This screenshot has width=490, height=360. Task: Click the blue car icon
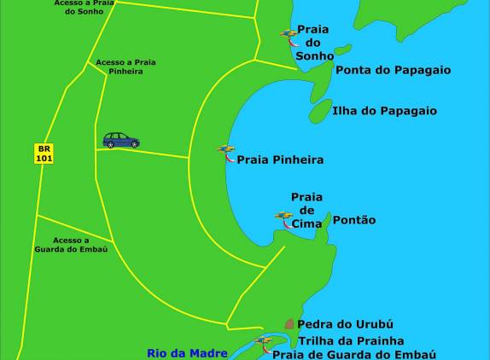coord(121,140)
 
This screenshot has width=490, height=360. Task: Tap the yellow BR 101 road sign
coord(44,154)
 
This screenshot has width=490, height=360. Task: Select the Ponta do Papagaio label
coord(393,70)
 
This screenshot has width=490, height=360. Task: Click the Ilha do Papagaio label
coord(385,111)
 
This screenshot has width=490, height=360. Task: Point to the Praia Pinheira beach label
coord(280,160)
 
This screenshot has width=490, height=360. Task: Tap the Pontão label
coord(353,220)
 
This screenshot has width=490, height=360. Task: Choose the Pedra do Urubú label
coord(345,325)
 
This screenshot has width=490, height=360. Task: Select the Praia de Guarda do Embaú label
coord(354,353)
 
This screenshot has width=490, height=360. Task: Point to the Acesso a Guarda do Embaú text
coord(70,245)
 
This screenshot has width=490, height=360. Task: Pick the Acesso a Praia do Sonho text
coord(85,8)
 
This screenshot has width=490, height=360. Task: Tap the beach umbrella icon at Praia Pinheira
coord(226,152)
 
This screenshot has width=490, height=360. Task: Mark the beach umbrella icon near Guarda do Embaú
coord(263,343)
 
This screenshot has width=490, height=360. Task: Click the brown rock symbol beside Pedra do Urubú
coord(289,324)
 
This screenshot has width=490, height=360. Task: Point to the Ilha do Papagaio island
coord(320,110)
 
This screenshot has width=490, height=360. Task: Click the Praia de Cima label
coord(306,210)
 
